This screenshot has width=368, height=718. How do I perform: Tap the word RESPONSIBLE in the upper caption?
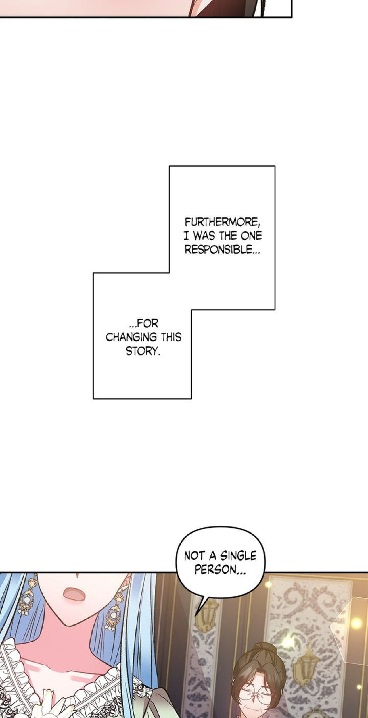point(218,250)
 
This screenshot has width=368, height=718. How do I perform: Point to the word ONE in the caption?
point(251,236)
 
